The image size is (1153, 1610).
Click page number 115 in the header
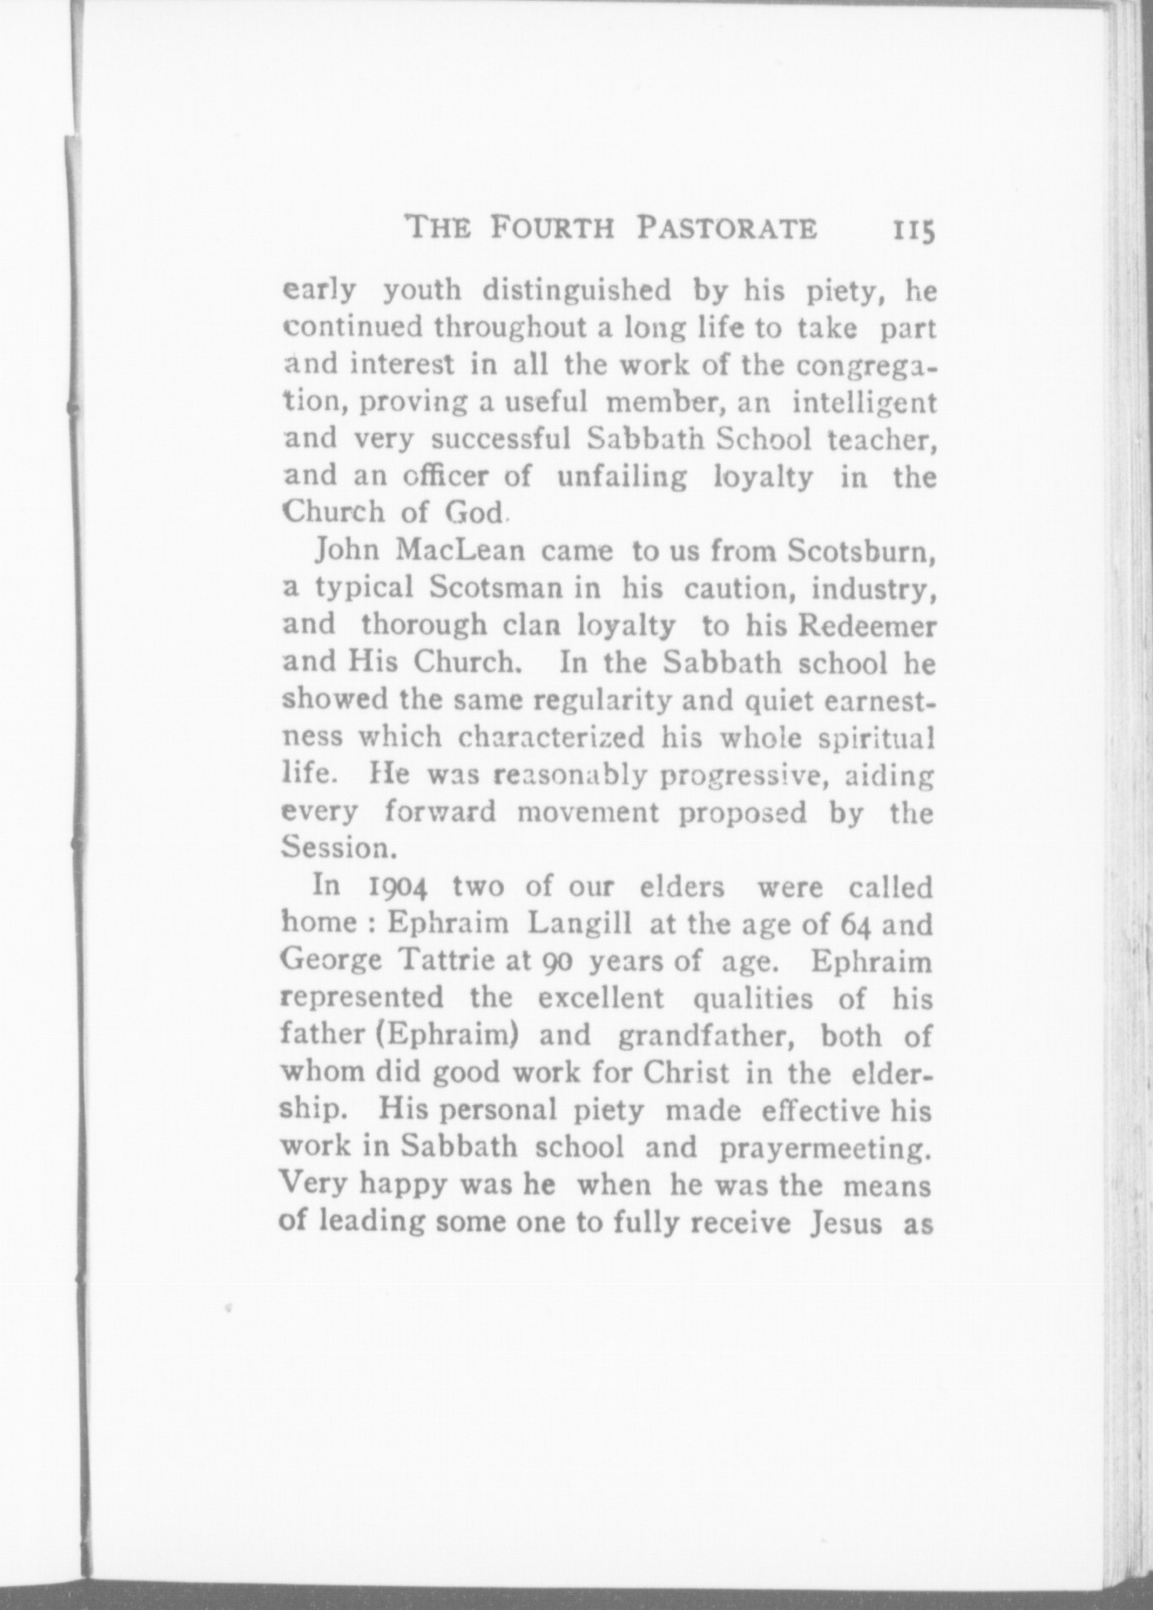click(x=914, y=230)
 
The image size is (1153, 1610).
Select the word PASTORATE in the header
click(x=727, y=229)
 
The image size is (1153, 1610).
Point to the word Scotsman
click(x=495, y=588)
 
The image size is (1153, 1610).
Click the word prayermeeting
click(x=824, y=1148)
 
